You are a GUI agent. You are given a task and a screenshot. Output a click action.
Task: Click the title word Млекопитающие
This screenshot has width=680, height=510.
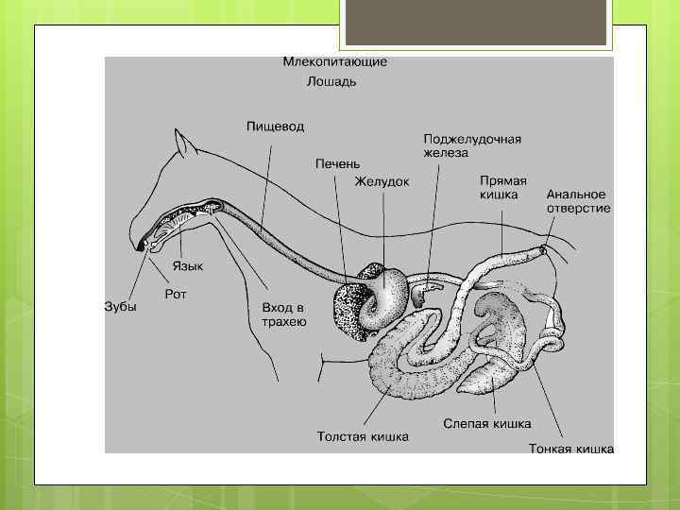pos(334,61)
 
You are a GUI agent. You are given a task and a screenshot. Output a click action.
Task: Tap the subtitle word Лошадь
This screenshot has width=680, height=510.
pos(331,81)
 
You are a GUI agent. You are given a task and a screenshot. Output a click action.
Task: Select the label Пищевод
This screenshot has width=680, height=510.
pos(275,125)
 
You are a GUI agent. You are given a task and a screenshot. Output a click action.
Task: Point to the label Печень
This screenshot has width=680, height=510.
pos(337,163)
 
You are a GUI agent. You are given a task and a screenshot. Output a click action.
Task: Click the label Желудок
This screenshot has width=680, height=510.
pos(382,181)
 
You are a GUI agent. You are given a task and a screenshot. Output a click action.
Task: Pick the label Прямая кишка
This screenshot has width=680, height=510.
pos(503,187)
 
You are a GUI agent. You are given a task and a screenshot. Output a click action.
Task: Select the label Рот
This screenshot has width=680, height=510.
pos(176,295)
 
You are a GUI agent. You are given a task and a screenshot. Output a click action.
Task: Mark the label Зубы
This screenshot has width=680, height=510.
pos(120,307)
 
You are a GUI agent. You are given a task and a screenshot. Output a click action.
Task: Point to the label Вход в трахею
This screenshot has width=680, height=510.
pos(283,314)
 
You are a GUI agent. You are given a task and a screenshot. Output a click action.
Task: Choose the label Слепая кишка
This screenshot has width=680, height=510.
pos(487,423)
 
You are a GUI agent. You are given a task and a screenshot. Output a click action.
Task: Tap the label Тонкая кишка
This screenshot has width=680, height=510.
pos(571,449)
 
